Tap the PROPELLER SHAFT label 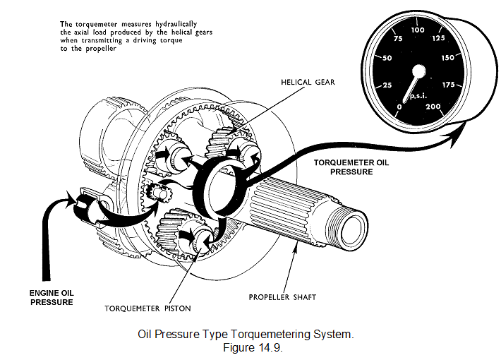click(282, 297)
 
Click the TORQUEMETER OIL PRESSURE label click(349, 167)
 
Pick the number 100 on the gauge click(418, 30)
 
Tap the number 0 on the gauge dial click(400, 107)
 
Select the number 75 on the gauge click(397, 40)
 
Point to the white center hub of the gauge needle click(418, 71)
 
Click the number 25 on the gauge click(386, 86)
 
